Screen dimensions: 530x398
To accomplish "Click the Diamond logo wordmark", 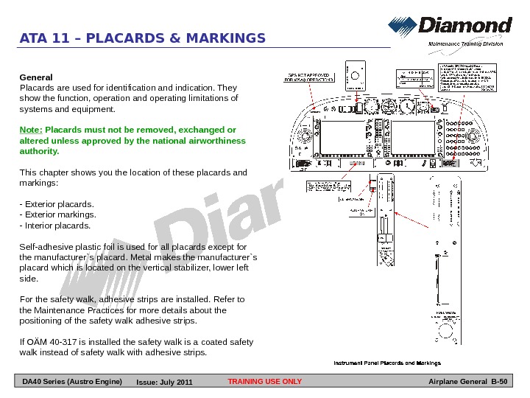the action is (x=464, y=27).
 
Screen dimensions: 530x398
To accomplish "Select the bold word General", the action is (x=35, y=77).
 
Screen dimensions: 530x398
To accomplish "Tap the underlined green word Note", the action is (x=30, y=130).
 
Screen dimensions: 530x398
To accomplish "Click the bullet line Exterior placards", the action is (x=57, y=203).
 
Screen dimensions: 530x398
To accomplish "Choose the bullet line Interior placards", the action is (x=56, y=226).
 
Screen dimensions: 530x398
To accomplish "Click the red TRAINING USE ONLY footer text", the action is (x=265, y=382).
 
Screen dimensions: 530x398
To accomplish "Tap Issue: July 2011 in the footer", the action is (x=164, y=383).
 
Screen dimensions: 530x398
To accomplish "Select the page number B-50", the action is (x=499, y=382).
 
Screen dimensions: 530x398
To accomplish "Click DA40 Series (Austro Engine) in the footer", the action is (x=72, y=382).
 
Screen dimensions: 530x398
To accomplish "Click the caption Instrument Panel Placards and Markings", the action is (x=387, y=363).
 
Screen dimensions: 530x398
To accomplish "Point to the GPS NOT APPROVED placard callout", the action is (x=308, y=77).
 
